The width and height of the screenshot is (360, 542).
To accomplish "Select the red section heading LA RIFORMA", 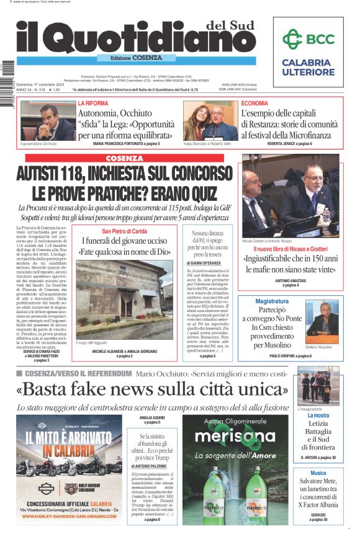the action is pos(93,103).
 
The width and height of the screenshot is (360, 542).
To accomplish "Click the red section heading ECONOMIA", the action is pos(255,103).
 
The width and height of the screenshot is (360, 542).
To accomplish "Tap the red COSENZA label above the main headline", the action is pos(124,158).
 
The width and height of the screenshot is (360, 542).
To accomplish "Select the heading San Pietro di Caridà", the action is pos(125,231).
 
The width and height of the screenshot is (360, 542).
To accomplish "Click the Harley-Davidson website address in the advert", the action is pos(70,515).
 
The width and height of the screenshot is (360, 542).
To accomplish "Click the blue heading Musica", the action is pos(318,473).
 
